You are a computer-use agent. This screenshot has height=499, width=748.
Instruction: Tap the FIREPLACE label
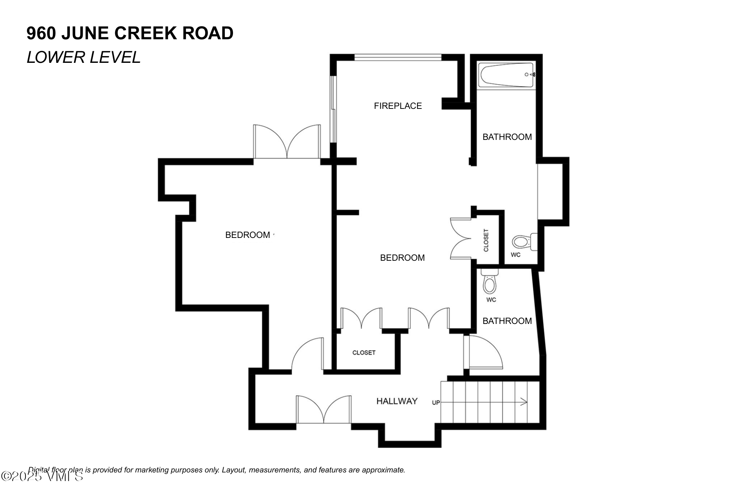tap(398, 106)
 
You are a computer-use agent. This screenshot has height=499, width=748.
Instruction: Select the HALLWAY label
tap(396, 401)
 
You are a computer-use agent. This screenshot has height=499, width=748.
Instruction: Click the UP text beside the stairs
tap(436, 403)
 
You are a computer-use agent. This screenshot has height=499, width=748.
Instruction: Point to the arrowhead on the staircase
tap(524, 402)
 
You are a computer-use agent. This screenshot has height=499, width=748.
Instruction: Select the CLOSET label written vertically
tap(486, 240)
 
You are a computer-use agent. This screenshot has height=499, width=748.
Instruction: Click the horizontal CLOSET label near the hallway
tap(364, 353)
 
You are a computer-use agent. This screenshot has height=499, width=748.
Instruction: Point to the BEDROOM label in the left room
tap(248, 235)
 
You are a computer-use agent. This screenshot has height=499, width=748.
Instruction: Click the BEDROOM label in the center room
tap(402, 258)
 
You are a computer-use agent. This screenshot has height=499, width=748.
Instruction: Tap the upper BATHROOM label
tap(507, 137)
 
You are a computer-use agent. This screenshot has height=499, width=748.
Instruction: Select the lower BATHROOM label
tap(507, 321)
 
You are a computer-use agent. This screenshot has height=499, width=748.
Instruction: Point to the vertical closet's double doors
tap(461, 239)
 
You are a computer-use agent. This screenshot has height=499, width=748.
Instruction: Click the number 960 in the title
tap(41, 33)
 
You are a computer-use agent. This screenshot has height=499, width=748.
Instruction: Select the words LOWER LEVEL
tap(83, 57)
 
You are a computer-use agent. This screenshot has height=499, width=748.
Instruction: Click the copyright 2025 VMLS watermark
tap(42, 476)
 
